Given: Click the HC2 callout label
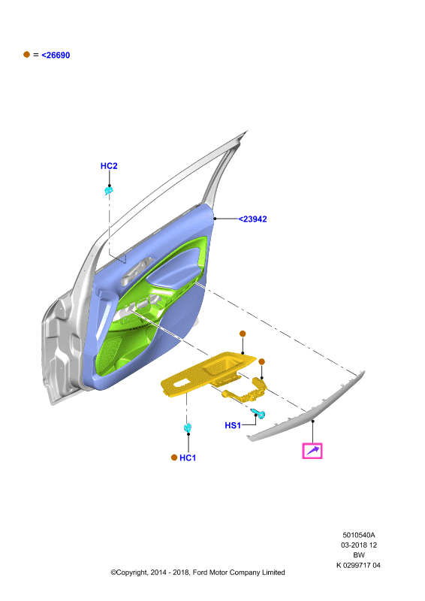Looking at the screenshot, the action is click(109, 166).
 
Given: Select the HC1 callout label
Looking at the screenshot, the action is click(188, 458).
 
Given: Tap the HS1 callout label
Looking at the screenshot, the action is click(233, 425).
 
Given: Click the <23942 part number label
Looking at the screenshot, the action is click(252, 219).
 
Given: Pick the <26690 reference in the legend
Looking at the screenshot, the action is click(56, 55).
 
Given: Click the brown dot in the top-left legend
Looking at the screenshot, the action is click(26, 54).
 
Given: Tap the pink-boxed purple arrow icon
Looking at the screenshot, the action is click(312, 451).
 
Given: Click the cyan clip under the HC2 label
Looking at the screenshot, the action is click(109, 190).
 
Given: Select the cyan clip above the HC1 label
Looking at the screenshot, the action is click(188, 427).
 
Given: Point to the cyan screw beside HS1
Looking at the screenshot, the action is click(259, 414).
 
